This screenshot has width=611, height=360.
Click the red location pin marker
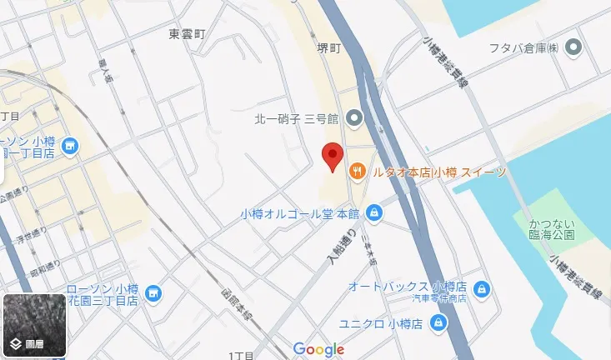coord(333,156)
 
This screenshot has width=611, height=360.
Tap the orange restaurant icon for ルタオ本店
coord(358,172)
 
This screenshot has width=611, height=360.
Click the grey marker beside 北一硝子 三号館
coord(354,119)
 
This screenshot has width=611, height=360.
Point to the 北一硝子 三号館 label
coord(296,119)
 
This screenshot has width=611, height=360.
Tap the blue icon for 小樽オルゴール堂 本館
coord(375,212)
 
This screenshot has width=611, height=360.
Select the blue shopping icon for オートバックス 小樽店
coord(481,288)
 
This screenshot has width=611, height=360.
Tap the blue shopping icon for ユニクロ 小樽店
coord(439,323)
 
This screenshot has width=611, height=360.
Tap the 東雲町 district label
coord(186,34)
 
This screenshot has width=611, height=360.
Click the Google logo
coord(318,349)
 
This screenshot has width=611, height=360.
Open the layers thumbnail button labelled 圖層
coord(34,326)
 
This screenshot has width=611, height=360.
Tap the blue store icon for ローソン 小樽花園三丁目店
coord(153,292)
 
